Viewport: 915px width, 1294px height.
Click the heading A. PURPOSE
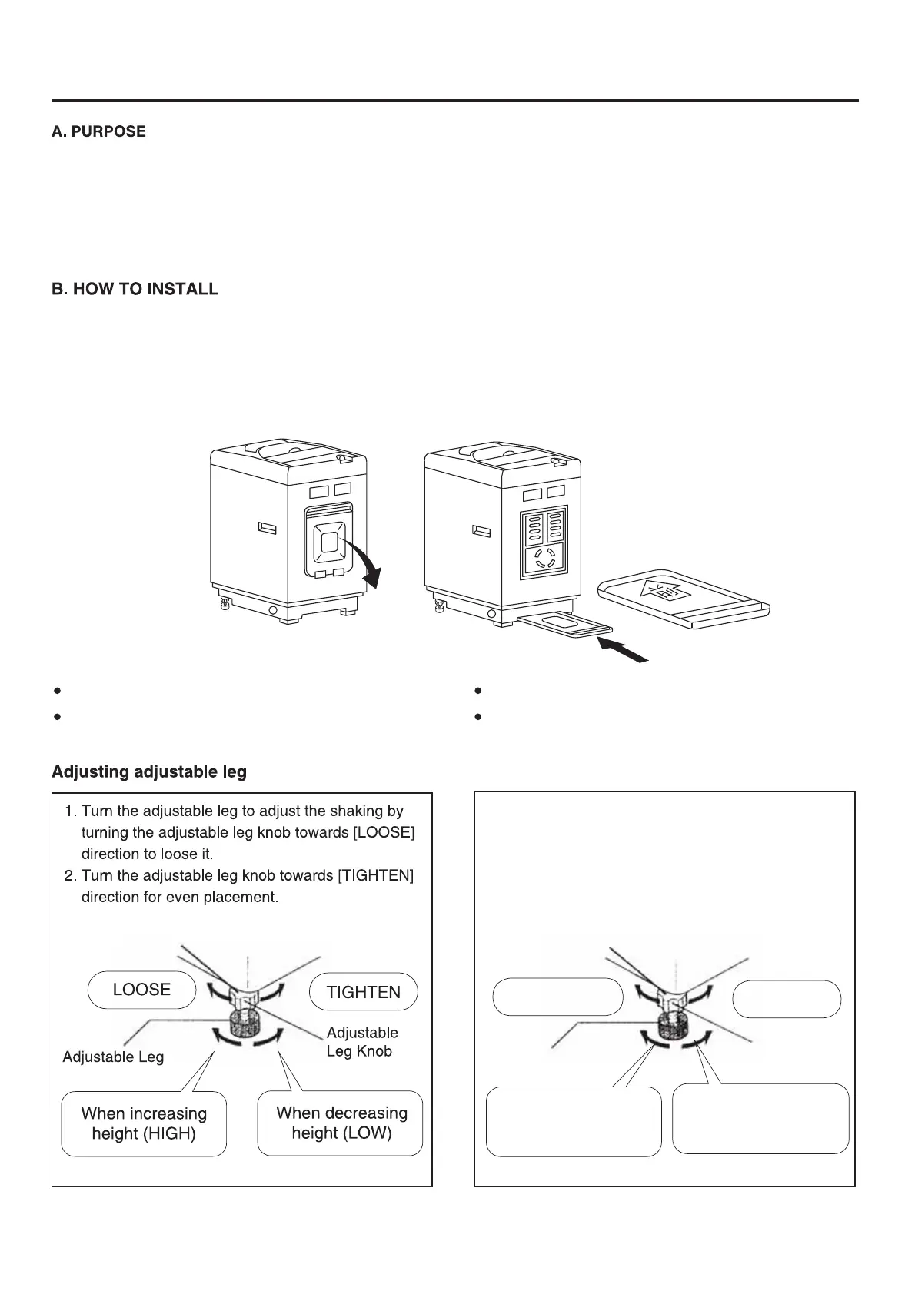click(x=98, y=131)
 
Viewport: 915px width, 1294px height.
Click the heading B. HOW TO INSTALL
click(x=135, y=290)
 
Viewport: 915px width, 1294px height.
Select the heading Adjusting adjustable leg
click(x=149, y=771)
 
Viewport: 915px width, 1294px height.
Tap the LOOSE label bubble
click(x=141, y=990)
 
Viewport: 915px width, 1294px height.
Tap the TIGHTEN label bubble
click(x=363, y=992)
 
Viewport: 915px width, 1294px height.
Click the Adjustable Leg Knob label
click(x=361, y=1042)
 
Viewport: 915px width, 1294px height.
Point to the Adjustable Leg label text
click(x=113, y=1057)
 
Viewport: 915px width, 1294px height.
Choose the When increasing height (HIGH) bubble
click(x=144, y=1123)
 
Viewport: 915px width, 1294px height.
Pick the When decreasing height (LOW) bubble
click(x=341, y=1123)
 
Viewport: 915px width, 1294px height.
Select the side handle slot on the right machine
click(x=481, y=532)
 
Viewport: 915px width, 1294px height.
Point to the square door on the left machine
click(x=329, y=541)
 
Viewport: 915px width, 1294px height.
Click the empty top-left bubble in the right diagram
click(x=557, y=997)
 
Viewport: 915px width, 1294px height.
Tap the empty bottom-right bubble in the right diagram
click(x=760, y=1118)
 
